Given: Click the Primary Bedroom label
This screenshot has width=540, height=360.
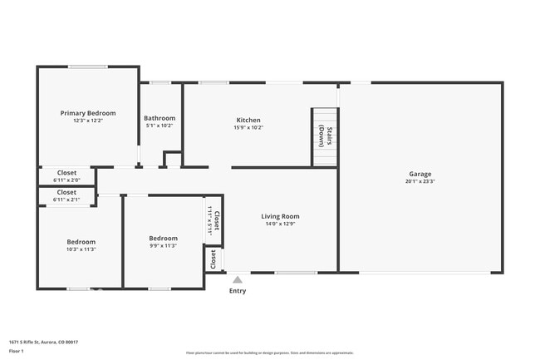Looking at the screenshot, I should click(87, 113).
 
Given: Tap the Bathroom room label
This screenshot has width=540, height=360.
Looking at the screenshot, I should click(160, 118).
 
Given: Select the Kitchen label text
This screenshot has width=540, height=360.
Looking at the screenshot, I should click(248, 121).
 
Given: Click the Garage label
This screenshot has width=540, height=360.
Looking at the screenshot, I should click(420, 174).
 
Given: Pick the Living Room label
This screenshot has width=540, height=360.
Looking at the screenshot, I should click(280, 216).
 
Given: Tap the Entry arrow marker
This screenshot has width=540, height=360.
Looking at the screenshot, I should click(238, 280).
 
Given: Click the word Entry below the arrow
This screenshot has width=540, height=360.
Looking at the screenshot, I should click(238, 291).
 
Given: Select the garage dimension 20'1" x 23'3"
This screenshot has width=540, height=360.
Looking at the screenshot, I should click(420, 181).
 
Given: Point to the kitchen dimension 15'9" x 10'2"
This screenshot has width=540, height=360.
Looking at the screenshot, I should click(248, 128).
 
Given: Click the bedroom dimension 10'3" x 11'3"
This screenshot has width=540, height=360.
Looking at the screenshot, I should click(81, 249).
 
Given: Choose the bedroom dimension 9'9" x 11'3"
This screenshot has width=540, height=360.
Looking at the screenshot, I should click(163, 245).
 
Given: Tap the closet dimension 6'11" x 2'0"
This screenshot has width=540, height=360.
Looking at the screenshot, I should click(66, 180).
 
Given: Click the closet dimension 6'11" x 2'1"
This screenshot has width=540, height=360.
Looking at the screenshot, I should click(66, 200).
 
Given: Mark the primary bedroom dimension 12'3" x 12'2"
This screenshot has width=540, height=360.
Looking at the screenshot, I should click(87, 121).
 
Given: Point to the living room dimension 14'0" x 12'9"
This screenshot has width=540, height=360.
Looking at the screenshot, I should click(280, 224).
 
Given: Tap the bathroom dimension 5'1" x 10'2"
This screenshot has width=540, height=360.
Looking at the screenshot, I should click(160, 126).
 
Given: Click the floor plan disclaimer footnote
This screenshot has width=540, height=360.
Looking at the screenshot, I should click(269, 353).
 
